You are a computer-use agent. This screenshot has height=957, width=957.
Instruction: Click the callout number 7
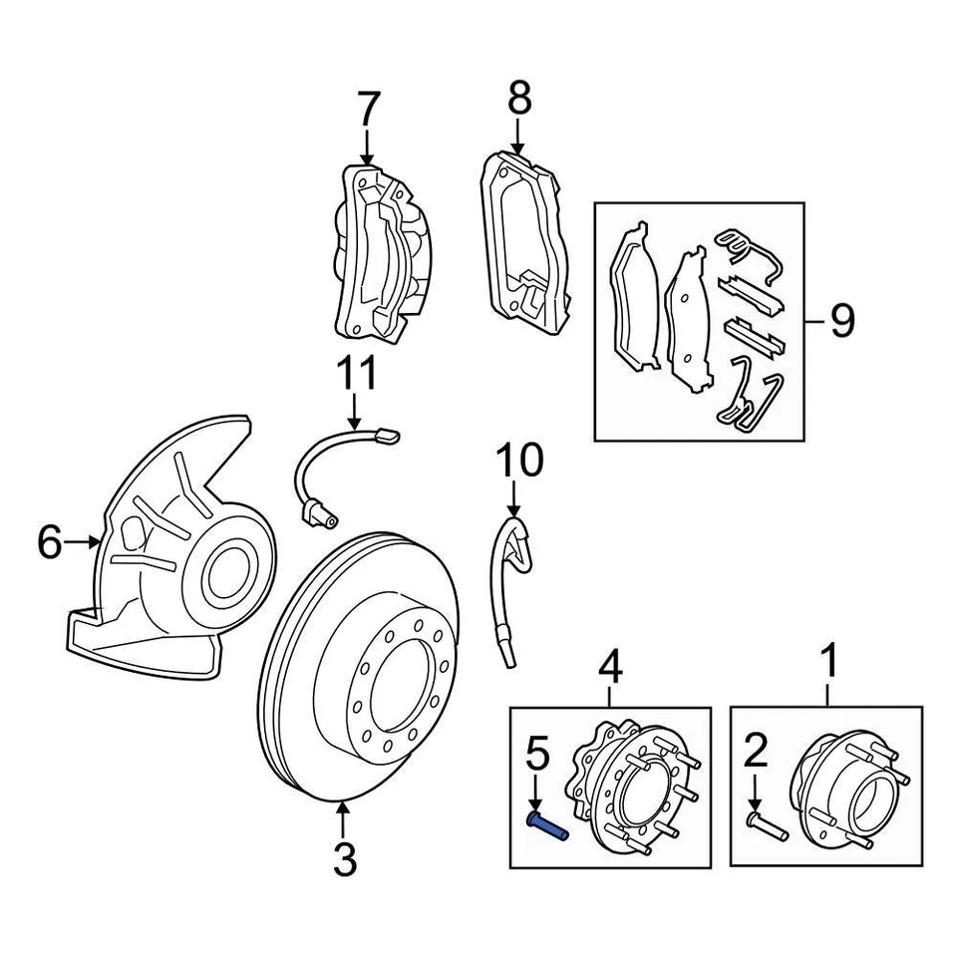pyautogui.click(x=368, y=108)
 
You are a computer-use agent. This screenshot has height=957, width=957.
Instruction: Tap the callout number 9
pyautogui.click(x=841, y=321)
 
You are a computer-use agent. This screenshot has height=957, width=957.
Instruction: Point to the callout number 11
pyautogui.click(x=356, y=375)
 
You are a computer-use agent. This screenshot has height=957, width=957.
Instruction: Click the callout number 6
pyautogui.click(x=51, y=542)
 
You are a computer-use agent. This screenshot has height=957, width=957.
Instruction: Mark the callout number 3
pyautogui.click(x=344, y=859)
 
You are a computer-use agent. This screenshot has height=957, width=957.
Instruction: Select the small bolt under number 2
pyautogui.click(x=767, y=826)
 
